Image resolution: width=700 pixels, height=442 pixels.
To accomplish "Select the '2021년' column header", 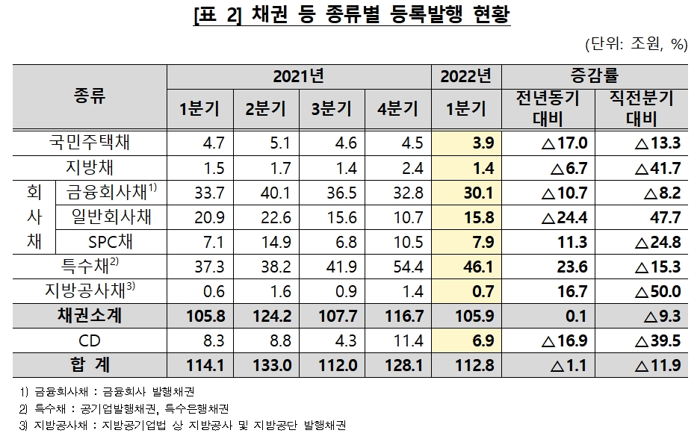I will click(298, 75).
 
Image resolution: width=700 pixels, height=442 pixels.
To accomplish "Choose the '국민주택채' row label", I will click(89, 143).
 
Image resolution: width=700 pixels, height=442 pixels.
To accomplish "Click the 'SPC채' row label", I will click(111, 242).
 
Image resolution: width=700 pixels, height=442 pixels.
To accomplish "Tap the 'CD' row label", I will click(89, 341).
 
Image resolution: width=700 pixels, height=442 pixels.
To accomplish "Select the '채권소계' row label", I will click(89, 316).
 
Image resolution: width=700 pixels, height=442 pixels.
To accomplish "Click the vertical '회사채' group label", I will click(34, 217).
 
